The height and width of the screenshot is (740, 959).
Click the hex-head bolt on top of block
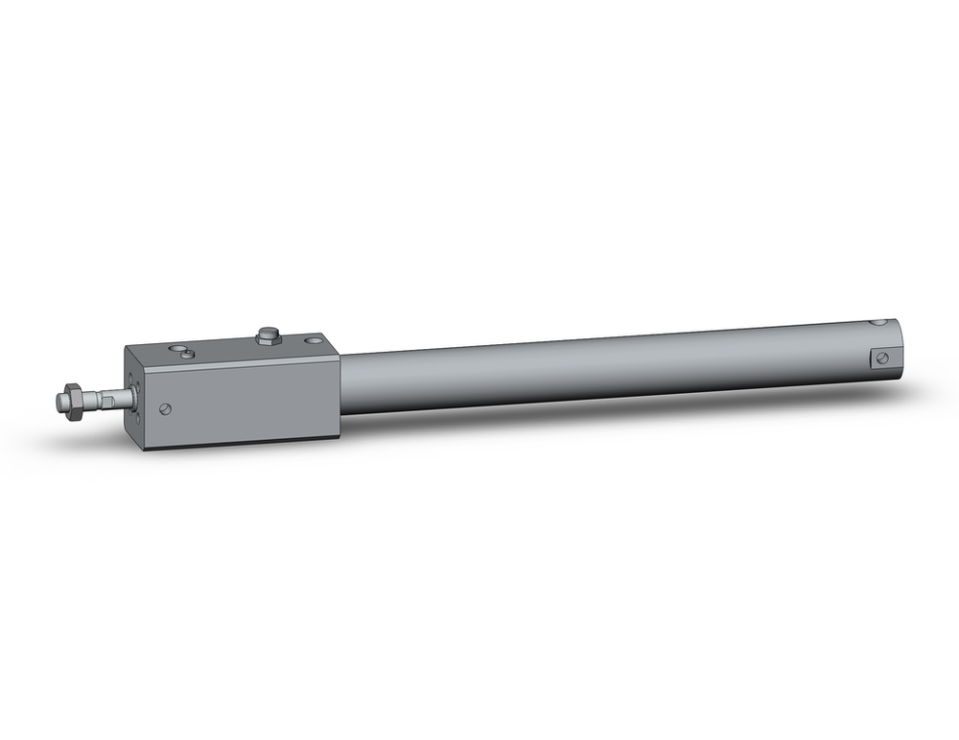(269, 335)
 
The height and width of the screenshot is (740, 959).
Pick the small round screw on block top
(187, 355)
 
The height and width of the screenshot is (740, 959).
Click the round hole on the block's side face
(167, 409)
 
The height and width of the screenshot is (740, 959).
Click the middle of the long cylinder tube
(614, 369)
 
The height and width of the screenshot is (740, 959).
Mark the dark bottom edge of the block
(240, 444)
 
